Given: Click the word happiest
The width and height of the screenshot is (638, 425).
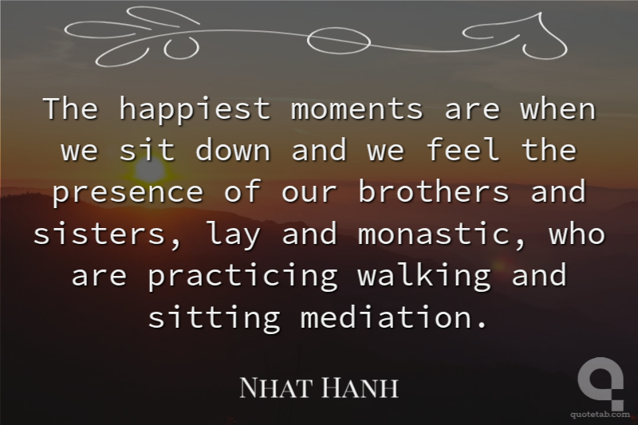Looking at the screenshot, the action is click(x=195, y=109).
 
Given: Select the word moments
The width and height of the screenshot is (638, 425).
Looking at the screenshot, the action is click(x=356, y=109).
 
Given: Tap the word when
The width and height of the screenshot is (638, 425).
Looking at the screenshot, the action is click(x=557, y=108).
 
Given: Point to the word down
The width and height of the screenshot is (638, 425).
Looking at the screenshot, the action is click(x=233, y=150).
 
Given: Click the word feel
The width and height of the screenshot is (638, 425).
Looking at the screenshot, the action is click(x=463, y=150).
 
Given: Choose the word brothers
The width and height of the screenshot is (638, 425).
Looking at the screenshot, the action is click(x=434, y=191).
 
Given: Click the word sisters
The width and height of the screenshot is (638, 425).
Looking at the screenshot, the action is click(x=100, y=234).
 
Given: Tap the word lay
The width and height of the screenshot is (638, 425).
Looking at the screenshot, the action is click(x=234, y=235).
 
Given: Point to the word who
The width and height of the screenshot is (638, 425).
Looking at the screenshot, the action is click(x=577, y=233).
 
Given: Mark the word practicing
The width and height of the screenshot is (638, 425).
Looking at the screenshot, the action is click(x=243, y=277).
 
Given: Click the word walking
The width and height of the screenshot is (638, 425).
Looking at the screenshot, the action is click(x=424, y=277).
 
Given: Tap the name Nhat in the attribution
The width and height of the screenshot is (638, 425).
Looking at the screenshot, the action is click(x=277, y=388).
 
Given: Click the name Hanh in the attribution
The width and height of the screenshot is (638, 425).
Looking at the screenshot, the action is click(x=360, y=388).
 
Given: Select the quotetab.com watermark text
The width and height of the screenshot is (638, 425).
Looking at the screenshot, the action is click(x=601, y=415).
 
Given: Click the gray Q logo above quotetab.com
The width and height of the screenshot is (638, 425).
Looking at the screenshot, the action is click(x=601, y=383).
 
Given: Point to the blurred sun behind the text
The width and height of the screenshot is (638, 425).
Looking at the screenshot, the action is click(x=150, y=170).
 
